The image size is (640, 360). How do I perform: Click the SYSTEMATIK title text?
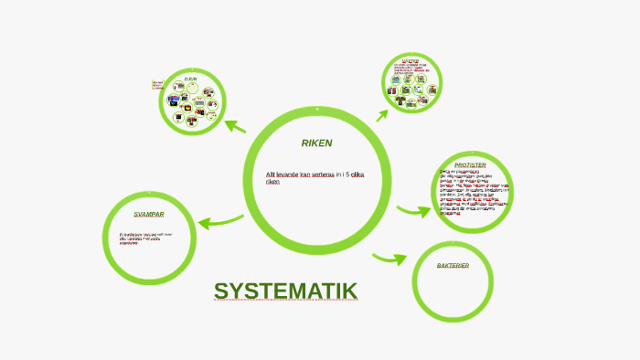tap(285, 291)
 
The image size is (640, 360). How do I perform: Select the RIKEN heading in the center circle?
tap(316, 143)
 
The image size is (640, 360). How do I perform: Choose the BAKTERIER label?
tap(453, 265)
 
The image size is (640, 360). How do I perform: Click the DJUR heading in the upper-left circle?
tap(190, 80)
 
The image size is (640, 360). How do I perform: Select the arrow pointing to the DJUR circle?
tap(235, 126)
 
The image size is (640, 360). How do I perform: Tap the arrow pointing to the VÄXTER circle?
tap(382, 114)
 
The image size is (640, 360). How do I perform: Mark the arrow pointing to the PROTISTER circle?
tap(413, 211)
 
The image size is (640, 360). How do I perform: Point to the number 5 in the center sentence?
tap(347, 174)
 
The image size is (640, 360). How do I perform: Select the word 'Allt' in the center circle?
tap(271, 174)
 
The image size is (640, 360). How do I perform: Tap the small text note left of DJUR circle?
tap(157, 85)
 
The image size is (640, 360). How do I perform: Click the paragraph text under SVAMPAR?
tap(144, 238)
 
